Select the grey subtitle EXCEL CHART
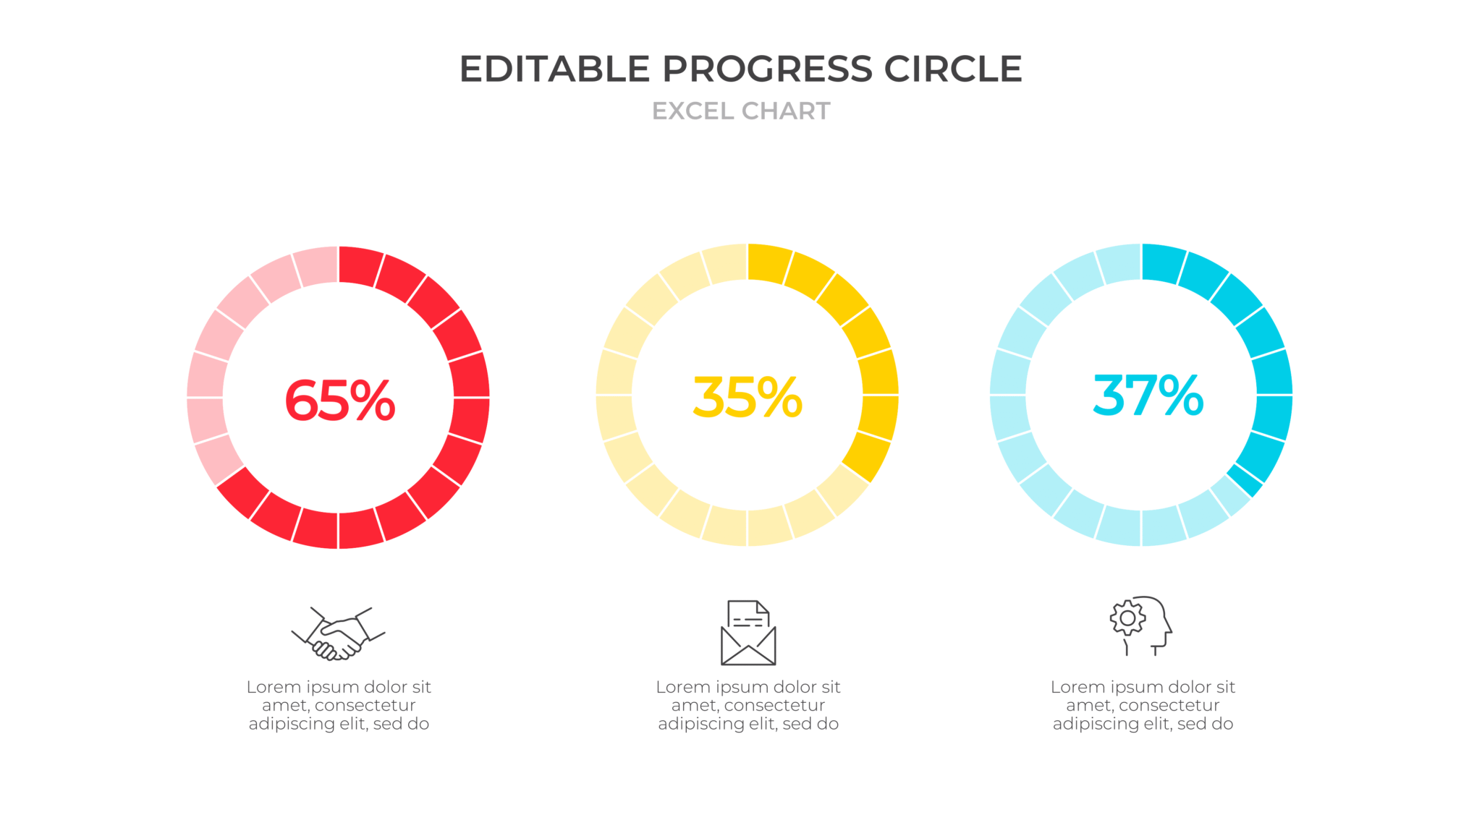(741, 111)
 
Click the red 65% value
(339, 400)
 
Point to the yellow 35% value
(748, 397)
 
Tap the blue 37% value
(1148, 396)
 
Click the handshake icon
(338, 633)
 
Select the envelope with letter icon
(748, 633)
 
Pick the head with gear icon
(1140, 625)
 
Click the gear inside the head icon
(1127, 618)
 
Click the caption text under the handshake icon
(339, 705)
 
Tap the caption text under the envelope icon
(748, 705)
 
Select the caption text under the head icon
(1143, 705)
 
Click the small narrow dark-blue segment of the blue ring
(1245, 479)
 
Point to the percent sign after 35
(780, 397)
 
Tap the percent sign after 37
(1181, 396)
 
